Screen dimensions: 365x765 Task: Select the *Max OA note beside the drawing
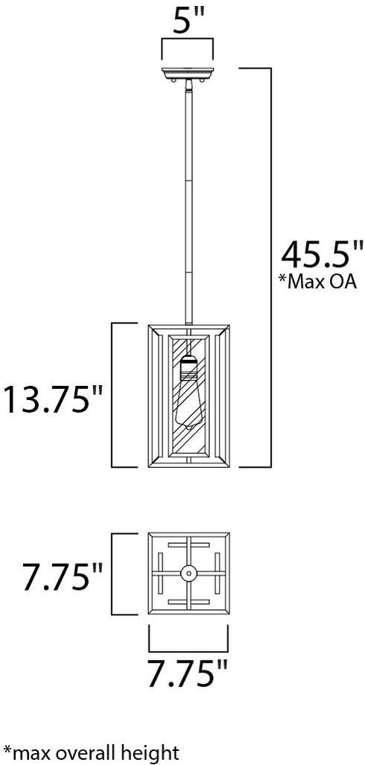(317, 282)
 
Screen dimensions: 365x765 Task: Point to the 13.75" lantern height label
(54, 399)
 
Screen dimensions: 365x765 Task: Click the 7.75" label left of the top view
(62, 577)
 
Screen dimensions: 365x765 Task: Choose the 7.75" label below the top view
(188, 673)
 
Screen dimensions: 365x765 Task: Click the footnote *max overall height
(91, 752)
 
